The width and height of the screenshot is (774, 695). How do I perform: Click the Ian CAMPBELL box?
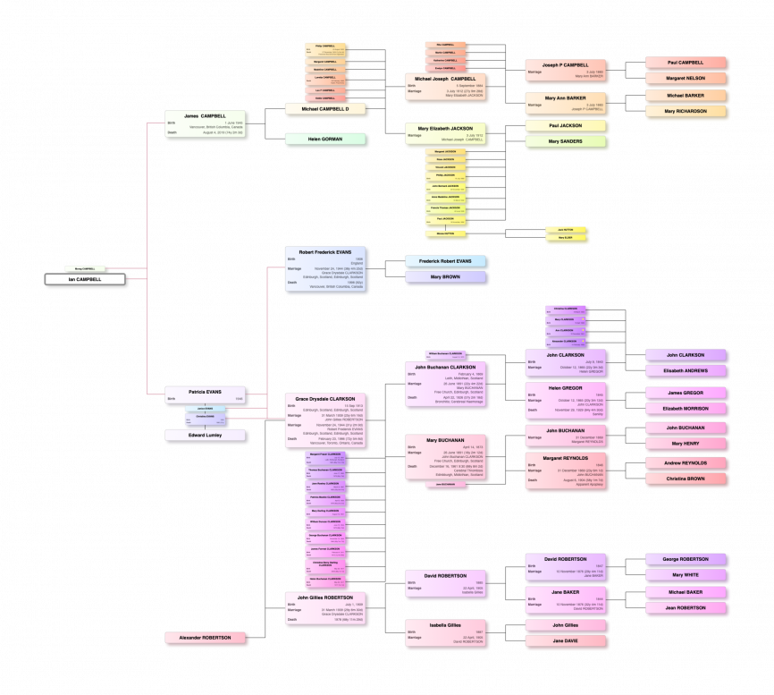(x=86, y=279)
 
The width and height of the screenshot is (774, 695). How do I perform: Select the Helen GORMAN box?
(x=326, y=140)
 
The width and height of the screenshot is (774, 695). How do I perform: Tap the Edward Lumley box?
(x=206, y=436)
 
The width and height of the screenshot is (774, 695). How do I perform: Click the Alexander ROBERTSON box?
(x=206, y=638)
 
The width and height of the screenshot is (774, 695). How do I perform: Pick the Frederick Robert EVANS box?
(x=446, y=261)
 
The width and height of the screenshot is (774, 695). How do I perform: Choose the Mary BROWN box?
(x=446, y=276)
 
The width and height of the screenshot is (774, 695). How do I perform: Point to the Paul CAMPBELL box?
(x=686, y=63)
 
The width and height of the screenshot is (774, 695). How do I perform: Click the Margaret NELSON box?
(x=686, y=79)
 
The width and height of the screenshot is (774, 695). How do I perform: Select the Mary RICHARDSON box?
(x=686, y=111)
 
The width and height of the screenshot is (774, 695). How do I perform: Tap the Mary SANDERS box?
(x=566, y=141)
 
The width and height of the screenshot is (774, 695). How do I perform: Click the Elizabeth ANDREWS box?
(x=686, y=370)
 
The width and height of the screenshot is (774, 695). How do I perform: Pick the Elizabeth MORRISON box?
(x=686, y=409)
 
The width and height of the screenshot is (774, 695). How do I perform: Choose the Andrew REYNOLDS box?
(x=686, y=462)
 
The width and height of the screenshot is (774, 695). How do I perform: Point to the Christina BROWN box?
(x=686, y=479)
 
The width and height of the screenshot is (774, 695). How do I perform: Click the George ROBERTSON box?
(x=686, y=559)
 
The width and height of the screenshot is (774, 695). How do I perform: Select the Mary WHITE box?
(x=686, y=575)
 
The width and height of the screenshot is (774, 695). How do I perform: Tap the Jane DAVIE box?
(x=566, y=640)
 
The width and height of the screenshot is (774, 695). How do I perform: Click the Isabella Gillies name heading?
(x=446, y=624)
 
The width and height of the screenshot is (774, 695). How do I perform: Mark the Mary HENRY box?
(x=686, y=444)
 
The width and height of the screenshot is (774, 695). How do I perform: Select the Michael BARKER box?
(x=686, y=95)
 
